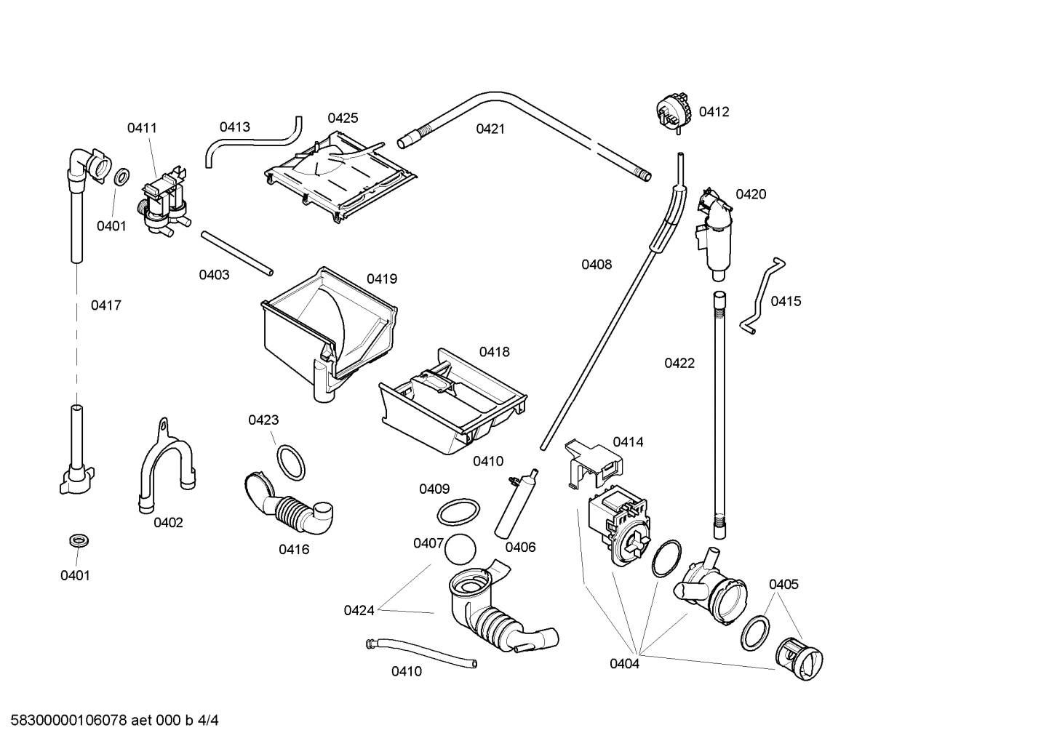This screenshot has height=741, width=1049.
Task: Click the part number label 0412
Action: click(714, 112)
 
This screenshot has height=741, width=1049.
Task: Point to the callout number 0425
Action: click(343, 118)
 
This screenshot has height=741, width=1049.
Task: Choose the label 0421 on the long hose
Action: click(490, 129)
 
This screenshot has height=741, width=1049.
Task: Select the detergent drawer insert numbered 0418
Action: click(451, 407)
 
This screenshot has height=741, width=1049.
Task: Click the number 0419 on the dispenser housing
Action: click(382, 279)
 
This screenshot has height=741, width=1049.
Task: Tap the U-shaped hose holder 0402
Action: click(166, 465)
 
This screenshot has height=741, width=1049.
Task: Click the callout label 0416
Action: click(294, 550)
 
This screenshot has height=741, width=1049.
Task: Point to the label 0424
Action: click(359, 611)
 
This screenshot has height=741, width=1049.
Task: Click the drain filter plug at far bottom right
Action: click(799, 657)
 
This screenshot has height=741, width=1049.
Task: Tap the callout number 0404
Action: click(624, 663)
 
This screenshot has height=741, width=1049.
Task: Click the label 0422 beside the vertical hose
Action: click(679, 364)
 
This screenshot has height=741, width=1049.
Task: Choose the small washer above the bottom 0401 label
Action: click(76, 541)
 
